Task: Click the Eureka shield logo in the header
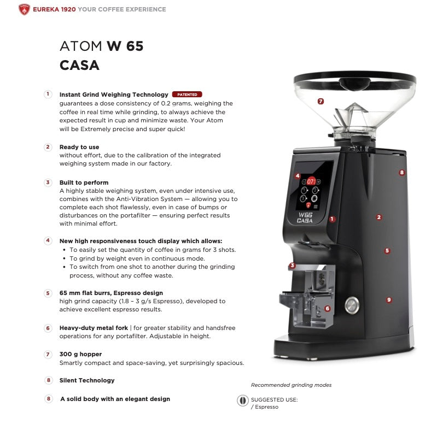[x=24, y=9]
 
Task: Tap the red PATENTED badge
[x=187, y=95]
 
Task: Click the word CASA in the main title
[x=79, y=66]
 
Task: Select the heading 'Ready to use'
[x=79, y=147]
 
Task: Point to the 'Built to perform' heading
[x=84, y=182]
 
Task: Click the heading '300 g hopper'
[x=80, y=354]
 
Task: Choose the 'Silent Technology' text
[x=87, y=380]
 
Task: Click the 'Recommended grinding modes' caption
[x=291, y=385]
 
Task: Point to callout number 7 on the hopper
[x=320, y=101]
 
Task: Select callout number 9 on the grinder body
[x=389, y=300]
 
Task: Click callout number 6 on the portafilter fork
[x=327, y=309]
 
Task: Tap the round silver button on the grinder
[x=353, y=305]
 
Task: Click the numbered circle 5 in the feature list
[x=48, y=293]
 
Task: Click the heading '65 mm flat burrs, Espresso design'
[x=111, y=293]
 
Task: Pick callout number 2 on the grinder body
[x=379, y=217]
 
